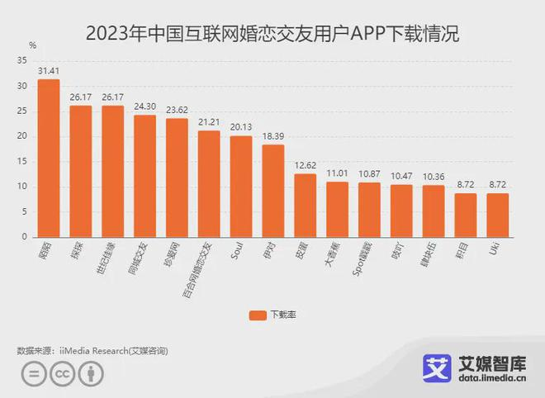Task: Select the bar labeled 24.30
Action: coord(145,176)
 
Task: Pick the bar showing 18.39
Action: coord(273,191)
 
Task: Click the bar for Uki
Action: coord(498,216)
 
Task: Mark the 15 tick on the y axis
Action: coord(21,161)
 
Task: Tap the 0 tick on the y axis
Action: coord(24,237)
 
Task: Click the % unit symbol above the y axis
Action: coord(32,45)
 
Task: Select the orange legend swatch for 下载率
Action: coord(257,315)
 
